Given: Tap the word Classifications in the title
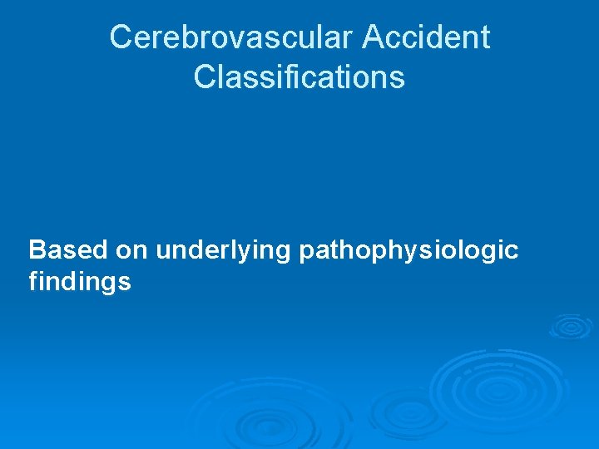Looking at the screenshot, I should pyautogui.click(x=299, y=77).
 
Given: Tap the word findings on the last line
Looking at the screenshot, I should pyautogui.click(x=80, y=283).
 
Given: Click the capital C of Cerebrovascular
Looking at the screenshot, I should pyautogui.click(x=121, y=37).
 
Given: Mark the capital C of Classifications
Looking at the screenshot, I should pyautogui.click(x=204, y=77).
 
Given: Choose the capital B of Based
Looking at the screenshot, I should pyautogui.click(x=38, y=249).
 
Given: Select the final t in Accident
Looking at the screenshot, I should pyautogui.click(x=484, y=37).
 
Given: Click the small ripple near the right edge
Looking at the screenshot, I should pyautogui.click(x=571, y=325).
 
